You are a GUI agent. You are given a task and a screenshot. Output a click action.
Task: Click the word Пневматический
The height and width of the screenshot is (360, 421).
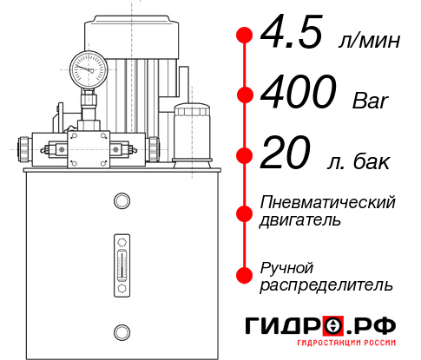coord(328,202)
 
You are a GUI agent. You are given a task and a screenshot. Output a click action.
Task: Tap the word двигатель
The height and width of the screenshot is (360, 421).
coord(300,219)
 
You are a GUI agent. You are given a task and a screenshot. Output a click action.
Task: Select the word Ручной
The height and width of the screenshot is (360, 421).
coord(287,266)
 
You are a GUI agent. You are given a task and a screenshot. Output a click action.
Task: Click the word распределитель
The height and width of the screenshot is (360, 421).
coord(326,284)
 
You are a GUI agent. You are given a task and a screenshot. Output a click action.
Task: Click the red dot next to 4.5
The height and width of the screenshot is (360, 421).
coord(245,36)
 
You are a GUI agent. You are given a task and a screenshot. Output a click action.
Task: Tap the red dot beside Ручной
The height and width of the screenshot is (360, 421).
coord(245,275)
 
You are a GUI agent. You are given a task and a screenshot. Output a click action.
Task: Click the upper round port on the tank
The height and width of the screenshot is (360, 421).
coord(122,202)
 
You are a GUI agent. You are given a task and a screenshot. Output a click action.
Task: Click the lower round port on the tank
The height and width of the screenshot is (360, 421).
coord(122,330)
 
